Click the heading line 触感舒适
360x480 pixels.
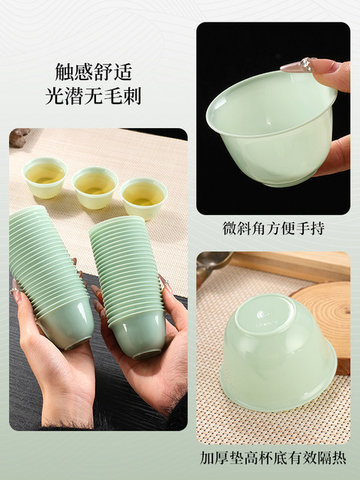pos(93,72)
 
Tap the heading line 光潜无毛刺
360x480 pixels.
pos(93,96)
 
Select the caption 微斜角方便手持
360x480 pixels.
pos(273,229)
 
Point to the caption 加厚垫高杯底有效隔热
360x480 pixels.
pos(273,458)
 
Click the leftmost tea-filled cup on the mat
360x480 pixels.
pos(45,177)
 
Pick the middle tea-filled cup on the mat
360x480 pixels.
pos(95,187)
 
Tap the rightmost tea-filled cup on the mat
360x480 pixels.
pos(143,199)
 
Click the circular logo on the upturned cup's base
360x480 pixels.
pos(262,314)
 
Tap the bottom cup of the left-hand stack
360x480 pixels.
pos(67,324)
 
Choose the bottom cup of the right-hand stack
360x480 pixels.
pos(138,334)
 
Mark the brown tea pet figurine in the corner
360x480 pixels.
pos(19,137)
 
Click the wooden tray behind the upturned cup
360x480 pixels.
pos(291,265)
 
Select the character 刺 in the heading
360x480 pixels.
pos(132,96)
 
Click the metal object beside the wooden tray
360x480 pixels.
pos(213,266)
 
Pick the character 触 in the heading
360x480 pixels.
pos(64,72)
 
